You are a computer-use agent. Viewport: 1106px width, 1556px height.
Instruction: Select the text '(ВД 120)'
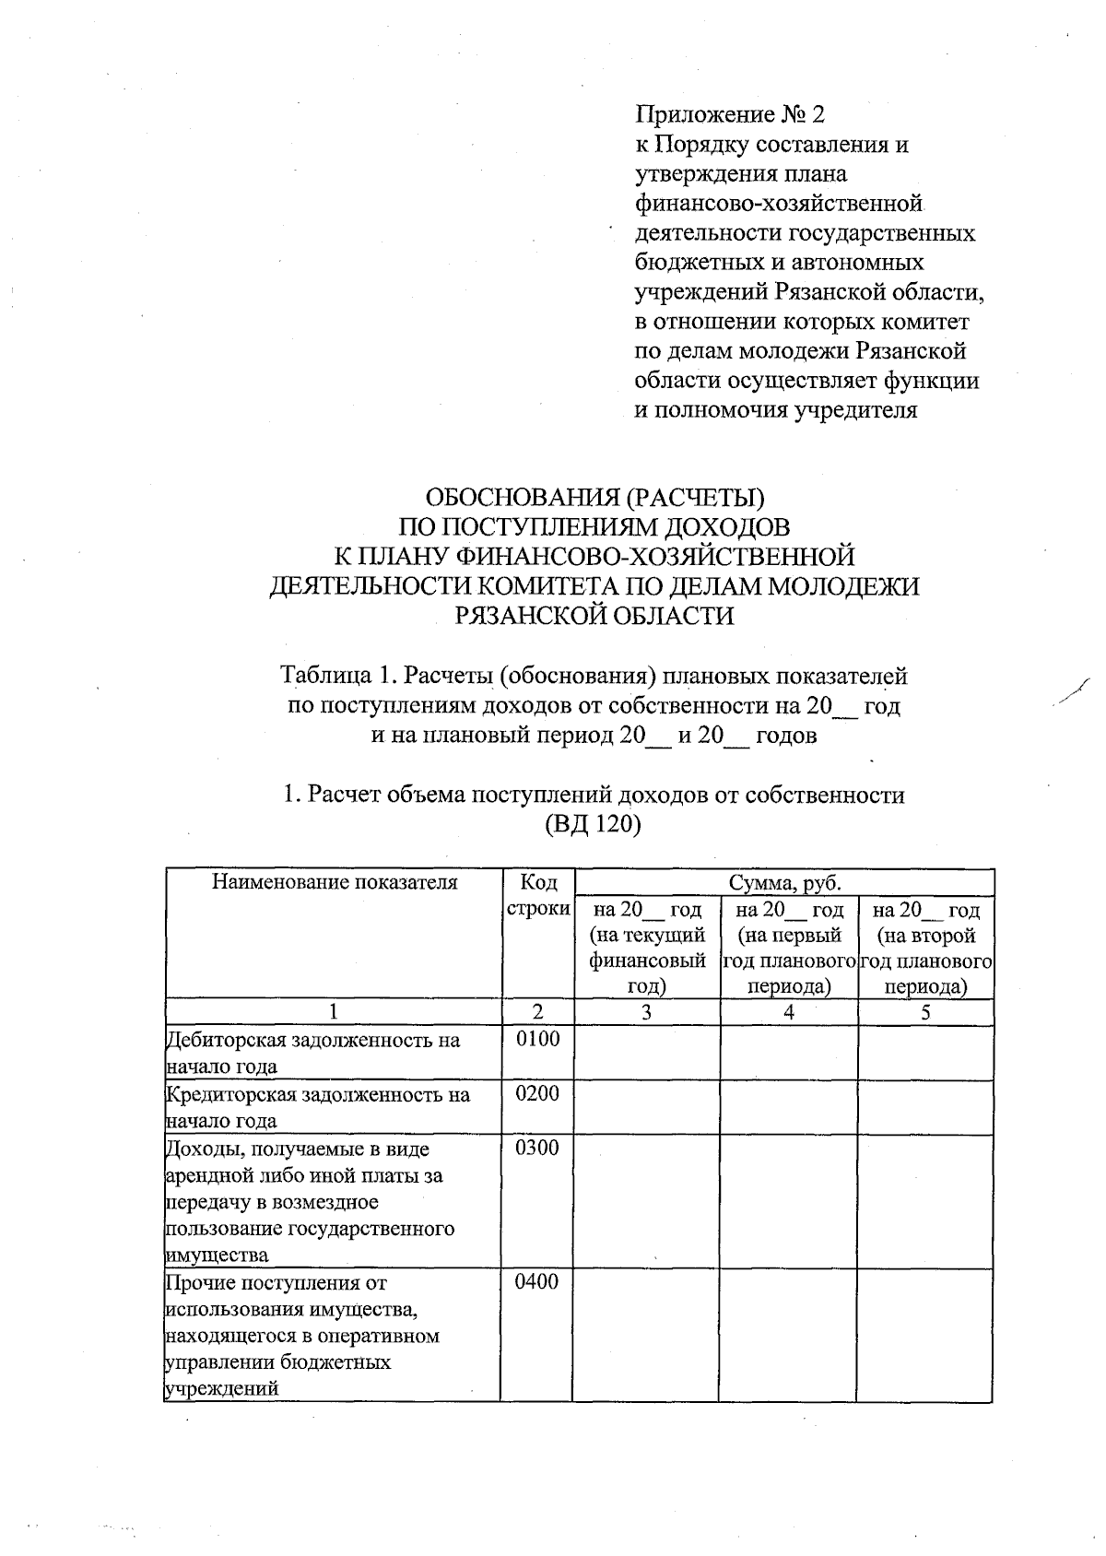[x=593, y=823]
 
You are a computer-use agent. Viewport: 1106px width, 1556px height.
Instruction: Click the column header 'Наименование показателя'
[x=335, y=883]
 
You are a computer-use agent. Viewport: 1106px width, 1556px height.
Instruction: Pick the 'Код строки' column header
[x=538, y=895]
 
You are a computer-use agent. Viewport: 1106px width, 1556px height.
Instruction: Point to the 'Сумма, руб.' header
[x=784, y=883]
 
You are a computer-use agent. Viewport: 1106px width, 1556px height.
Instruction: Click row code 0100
[x=538, y=1040]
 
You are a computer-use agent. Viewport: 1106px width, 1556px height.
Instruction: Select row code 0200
[x=538, y=1094]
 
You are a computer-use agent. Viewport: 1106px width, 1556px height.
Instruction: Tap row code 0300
[x=538, y=1149]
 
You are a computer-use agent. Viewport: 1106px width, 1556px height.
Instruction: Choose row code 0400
[x=538, y=1282]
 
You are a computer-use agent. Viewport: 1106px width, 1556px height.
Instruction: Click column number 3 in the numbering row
[x=647, y=1012]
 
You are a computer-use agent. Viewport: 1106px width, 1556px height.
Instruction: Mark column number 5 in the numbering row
[x=925, y=1012]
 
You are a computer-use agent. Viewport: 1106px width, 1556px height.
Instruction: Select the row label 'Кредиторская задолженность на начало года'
[x=317, y=1107]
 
